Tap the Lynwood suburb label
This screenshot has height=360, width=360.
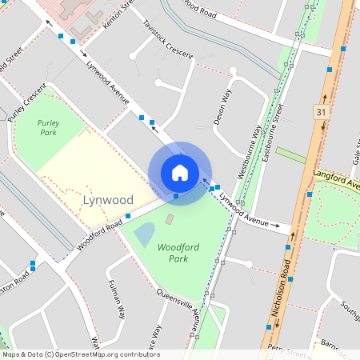(108, 199)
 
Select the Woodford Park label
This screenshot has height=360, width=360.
(178, 253)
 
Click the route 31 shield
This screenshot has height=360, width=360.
(322, 111)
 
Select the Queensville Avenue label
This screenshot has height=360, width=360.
(180, 308)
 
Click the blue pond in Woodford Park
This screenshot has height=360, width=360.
(144, 234)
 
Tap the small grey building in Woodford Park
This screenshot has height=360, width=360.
(169, 218)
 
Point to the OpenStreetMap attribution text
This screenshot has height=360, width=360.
(80, 354)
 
